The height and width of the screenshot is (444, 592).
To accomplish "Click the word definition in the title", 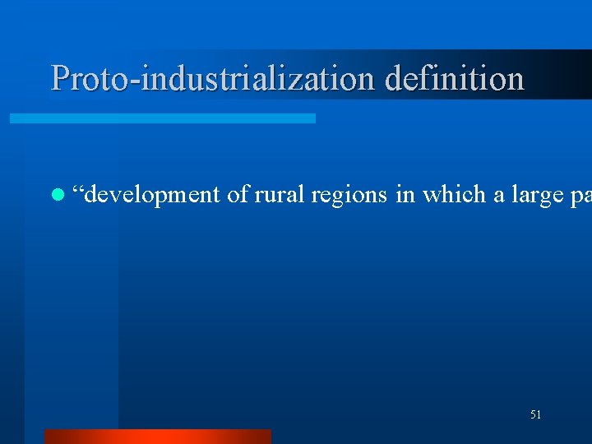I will click(455, 78).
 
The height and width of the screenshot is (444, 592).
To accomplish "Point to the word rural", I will click(280, 194).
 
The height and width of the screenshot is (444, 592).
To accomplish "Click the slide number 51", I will click(535, 415).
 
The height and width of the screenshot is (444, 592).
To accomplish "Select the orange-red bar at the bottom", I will click(157, 437).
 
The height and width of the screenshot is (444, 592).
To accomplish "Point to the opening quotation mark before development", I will click(78, 190).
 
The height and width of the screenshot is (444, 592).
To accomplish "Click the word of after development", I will click(238, 194).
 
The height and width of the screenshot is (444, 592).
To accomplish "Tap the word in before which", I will click(404, 194).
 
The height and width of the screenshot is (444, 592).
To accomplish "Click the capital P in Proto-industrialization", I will click(60, 78).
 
